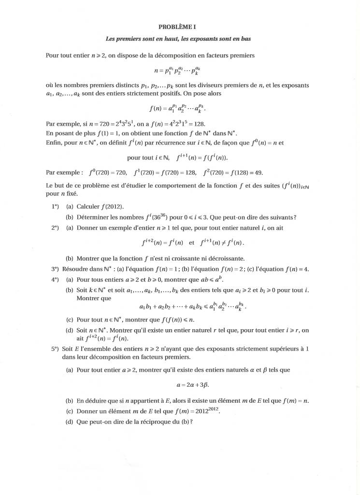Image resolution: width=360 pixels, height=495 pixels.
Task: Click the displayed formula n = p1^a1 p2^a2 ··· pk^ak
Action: coord(177,71)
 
